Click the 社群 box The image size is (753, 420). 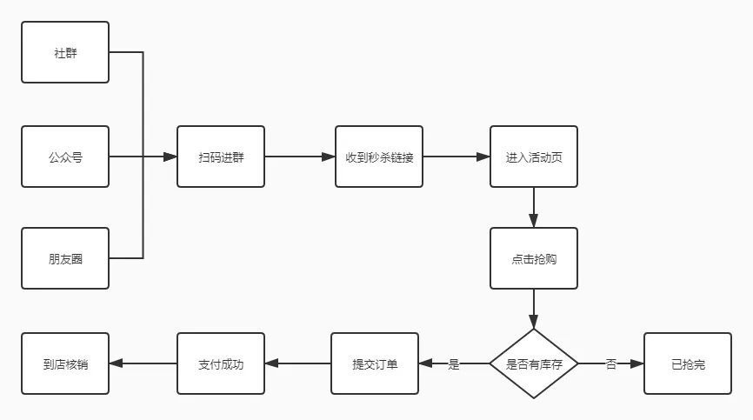pyautogui.click(x=65, y=52)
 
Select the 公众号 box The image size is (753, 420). pyautogui.click(x=65, y=157)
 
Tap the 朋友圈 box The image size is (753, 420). pyautogui.click(x=65, y=258)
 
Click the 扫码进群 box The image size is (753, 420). pyautogui.click(x=221, y=157)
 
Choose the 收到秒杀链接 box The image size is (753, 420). pyautogui.click(x=379, y=157)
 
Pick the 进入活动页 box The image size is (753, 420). pyautogui.click(x=533, y=157)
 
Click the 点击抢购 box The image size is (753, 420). pyautogui.click(x=533, y=258)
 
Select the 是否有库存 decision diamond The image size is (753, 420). pyautogui.click(x=533, y=363)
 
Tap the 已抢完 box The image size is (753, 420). pyautogui.click(x=688, y=363)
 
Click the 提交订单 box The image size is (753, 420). pyautogui.click(x=375, y=363)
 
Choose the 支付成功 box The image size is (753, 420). pyautogui.click(x=221, y=363)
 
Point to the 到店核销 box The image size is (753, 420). pyautogui.click(x=65, y=363)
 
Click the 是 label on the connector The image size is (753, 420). pyautogui.click(x=453, y=364)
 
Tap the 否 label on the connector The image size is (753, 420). pyautogui.click(x=610, y=364)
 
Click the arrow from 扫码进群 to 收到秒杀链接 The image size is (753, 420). pyautogui.click(x=300, y=157)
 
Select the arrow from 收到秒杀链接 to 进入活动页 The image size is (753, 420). pyautogui.click(x=456, y=157)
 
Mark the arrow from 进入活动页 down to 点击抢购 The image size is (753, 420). pyautogui.click(x=533, y=207)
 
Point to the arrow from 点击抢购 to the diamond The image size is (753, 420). pyautogui.click(x=533, y=309)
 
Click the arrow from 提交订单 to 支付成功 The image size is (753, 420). pyautogui.click(x=297, y=363)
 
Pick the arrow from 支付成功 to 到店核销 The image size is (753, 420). pyautogui.click(x=143, y=363)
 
